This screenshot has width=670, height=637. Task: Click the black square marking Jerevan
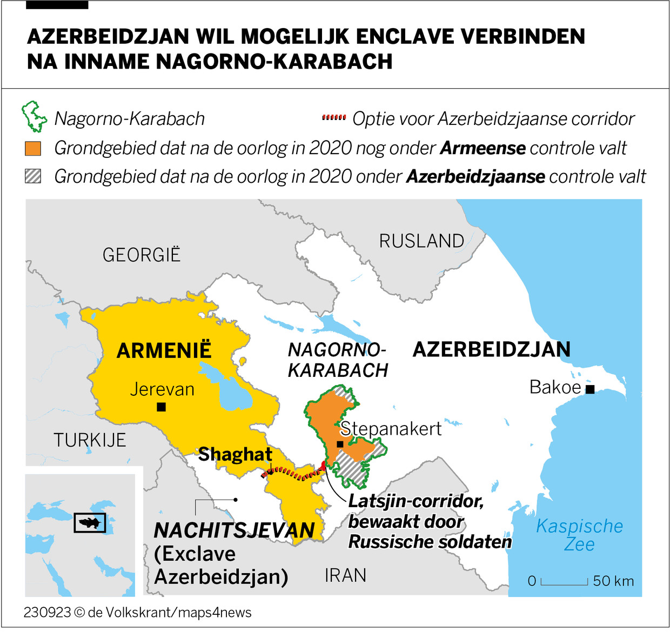pyautogui.click(x=161, y=407)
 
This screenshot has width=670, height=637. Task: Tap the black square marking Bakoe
pyautogui.click(x=590, y=389)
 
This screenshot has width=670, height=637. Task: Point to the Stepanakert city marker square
pyautogui.click(x=340, y=444)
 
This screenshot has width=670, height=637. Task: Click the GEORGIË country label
pyautogui.click(x=142, y=255)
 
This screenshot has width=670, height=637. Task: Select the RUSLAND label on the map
pyautogui.click(x=421, y=241)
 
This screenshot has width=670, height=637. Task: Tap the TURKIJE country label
pyautogui.click(x=90, y=440)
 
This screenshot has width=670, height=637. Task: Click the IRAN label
pyautogui.click(x=345, y=575)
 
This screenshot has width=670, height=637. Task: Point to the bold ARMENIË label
pyautogui.click(x=164, y=350)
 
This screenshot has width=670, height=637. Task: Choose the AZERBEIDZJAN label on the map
pyautogui.click(x=491, y=349)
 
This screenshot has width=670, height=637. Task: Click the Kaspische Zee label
pyautogui.click(x=579, y=534)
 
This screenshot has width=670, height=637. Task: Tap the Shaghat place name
pyautogui.click(x=235, y=454)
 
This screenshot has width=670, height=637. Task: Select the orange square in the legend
pyautogui.click(x=33, y=148)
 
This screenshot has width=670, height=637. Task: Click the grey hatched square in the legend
pyautogui.click(x=33, y=176)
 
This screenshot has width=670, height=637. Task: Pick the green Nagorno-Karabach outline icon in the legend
pyautogui.click(x=34, y=116)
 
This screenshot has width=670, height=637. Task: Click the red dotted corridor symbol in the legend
pyautogui.click(x=333, y=117)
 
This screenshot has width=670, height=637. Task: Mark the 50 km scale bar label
pyautogui.click(x=613, y=581)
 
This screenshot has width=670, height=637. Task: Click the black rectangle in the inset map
pyautogui.click(x=90, y=522)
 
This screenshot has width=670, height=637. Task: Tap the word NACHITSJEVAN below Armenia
pyautogui.click(x=234, y=530)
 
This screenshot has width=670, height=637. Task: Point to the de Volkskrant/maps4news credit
pyautogui.click(x=169, y=612)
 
